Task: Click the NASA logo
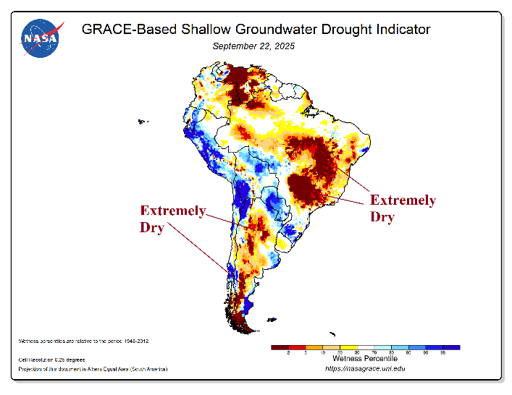42,36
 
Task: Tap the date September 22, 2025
253,46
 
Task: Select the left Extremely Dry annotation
172,218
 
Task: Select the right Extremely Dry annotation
403,208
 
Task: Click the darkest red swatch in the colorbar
280,347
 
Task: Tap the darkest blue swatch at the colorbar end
452,347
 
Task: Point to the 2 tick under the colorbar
288,353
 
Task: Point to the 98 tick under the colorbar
443,353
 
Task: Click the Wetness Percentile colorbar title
365,358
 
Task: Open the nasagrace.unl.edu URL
364,369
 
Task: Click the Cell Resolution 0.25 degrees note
51,360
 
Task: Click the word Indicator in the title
401,30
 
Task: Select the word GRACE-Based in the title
119,30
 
